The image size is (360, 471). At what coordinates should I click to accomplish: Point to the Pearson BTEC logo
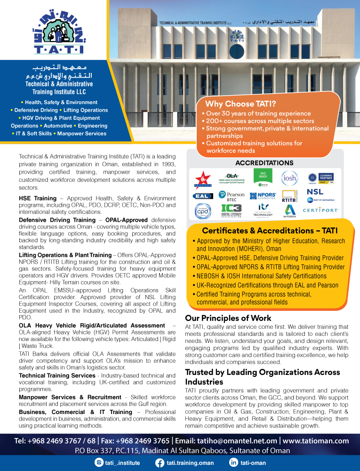click(232, 195)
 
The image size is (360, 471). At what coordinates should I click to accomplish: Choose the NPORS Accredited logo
click(263, 195)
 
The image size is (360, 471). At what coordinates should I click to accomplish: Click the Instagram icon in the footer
click(99, 463)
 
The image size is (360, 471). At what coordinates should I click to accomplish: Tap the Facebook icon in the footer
click(159, 463)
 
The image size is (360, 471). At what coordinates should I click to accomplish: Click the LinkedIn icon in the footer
click(232, 463)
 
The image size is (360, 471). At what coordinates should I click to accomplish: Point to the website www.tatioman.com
click(316, 441)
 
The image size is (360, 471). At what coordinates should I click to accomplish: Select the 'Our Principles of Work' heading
click(228, 318)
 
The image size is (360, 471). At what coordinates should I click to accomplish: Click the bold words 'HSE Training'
click(38, 198)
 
